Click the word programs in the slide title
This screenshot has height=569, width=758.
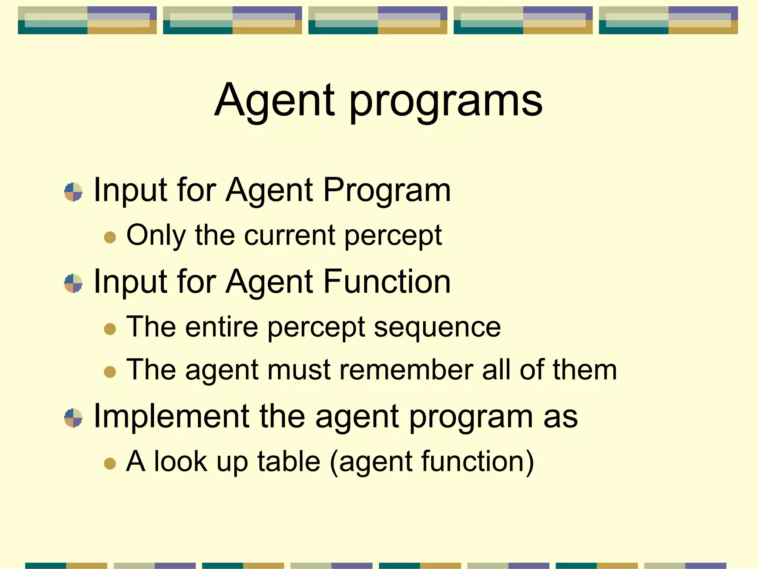[446, 102]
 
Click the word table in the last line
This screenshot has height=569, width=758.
[289, 462]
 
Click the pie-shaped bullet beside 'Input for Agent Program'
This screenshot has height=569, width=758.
[73, 192]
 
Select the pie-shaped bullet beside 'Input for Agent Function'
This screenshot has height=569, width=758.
[73, 283]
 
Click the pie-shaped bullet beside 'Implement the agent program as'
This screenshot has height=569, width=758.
[73, 418]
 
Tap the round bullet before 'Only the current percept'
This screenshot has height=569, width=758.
[110, 237]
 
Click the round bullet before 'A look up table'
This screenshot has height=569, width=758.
[110, 463]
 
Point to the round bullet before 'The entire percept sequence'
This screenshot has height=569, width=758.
[110, 329]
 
